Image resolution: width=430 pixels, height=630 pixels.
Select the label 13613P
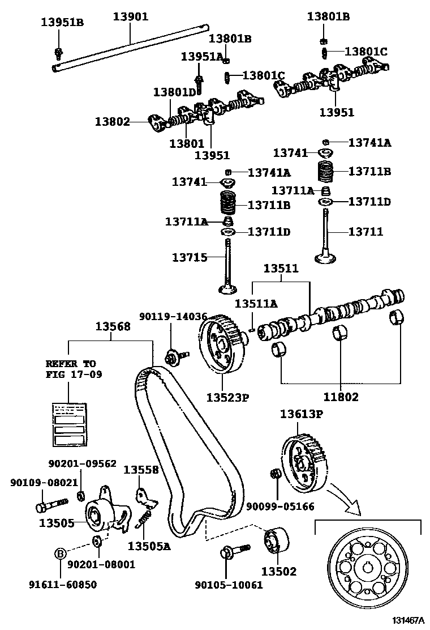pos(301,414)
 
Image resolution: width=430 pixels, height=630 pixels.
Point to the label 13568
pos(113,326)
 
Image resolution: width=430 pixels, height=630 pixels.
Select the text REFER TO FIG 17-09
pos(71,369)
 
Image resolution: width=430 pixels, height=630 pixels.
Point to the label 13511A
pos(256,304)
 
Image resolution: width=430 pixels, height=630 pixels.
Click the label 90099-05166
pos(279,506)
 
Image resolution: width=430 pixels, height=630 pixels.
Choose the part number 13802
pos(113,121)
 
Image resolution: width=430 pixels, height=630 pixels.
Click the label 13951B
pos(62,23)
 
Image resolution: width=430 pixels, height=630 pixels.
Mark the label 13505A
pos(148,546)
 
